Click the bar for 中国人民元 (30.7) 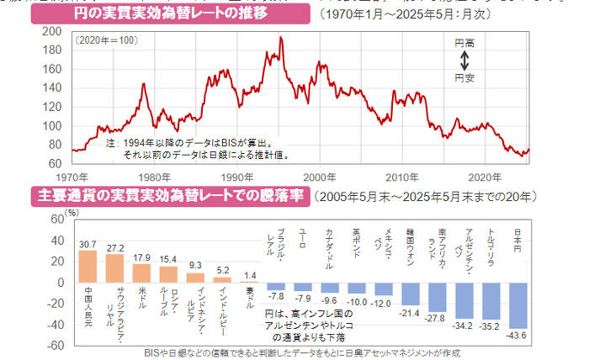88,266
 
